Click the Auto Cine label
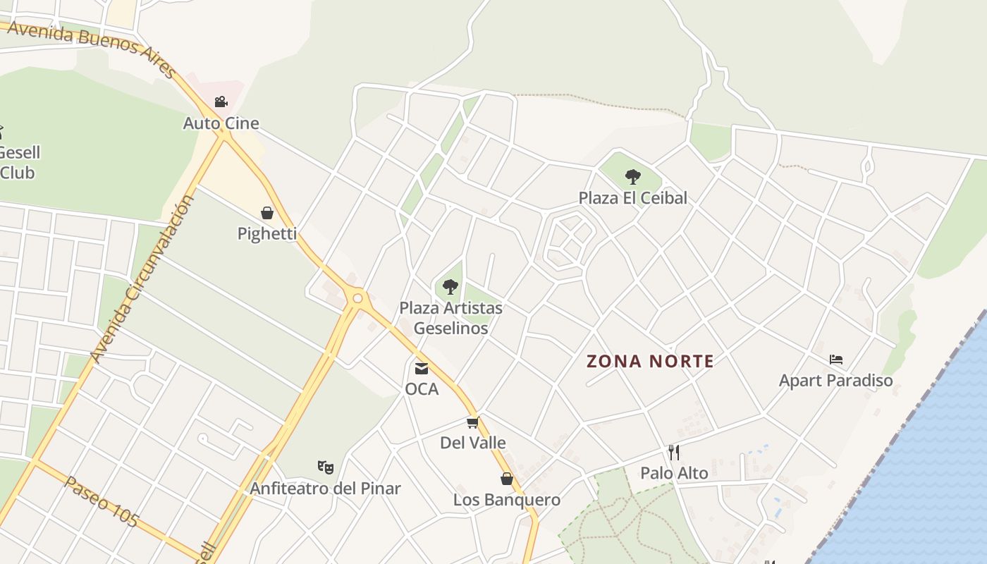click(x=221, y=123)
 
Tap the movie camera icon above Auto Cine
click(x=221, y=102)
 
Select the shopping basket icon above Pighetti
click(x=267, y=213)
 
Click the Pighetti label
click(x=266, y=233)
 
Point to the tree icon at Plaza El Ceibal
click(x=633, y=177)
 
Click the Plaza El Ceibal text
click(x=632, y=198)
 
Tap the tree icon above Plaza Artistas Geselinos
click(x=450, y=287)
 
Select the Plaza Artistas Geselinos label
click(x=450, y=318)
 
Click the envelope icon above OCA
click(x=422, y=368)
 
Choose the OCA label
click(x=422, y=389)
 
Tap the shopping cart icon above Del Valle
click(x=473, y=422)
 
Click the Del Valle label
click(x=473, y=443)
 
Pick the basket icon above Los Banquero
click(x=506, y=479)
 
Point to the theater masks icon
click(x=325, y=467)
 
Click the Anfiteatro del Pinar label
click(x=325, y=488)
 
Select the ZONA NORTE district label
click(x=650, y=362)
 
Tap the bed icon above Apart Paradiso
click(x=836, y=360)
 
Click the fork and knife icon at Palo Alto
click(x=674, y=452)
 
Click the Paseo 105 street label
click(x=102, y=502)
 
